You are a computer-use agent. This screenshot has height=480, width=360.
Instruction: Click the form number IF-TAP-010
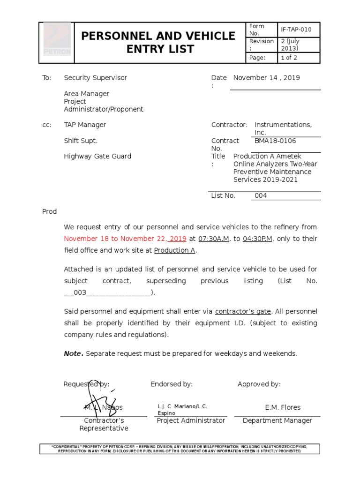(x=296, y=30)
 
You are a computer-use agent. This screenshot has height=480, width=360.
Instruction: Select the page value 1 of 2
(x=289, y=58)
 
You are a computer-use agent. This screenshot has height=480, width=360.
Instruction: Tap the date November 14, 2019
(x=267, y=78)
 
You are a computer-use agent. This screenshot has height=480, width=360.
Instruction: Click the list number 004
(x=261, y=195)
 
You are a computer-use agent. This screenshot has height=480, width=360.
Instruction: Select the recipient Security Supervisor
(x=95, y=78)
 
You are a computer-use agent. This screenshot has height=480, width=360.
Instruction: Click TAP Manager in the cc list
(x=85, y=125)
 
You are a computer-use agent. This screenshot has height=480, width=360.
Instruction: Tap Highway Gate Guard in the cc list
(x=97, y=156)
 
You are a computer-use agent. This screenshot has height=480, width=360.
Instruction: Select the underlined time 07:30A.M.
(x=214, y=239)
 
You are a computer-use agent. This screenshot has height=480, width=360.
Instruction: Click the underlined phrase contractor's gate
(x=243, y=311)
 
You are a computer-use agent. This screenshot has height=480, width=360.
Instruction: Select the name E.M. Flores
(x=283, y=407)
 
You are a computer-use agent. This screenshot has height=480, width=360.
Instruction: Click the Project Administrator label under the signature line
(x=191, y=420)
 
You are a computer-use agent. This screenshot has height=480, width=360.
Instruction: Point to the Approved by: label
(x=259, y=384)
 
